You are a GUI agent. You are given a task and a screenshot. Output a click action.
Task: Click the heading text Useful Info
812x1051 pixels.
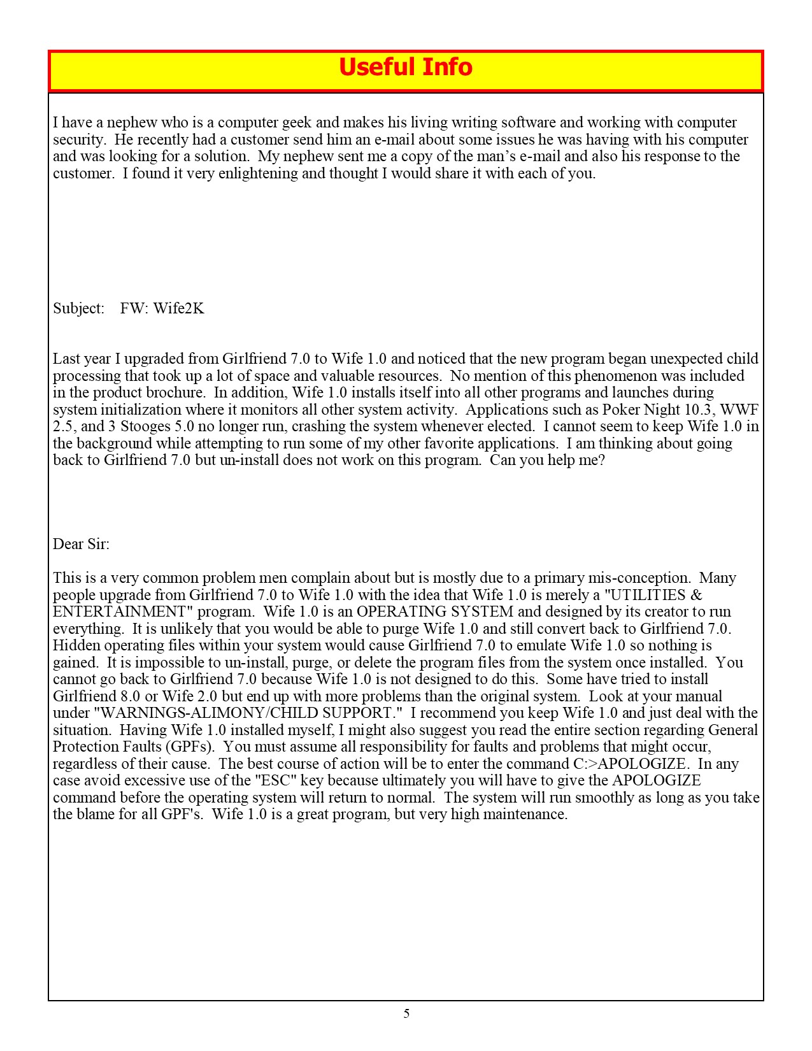click(x=406, y=68)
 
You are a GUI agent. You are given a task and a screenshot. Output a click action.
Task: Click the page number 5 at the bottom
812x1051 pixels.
click(x=406, y=1013)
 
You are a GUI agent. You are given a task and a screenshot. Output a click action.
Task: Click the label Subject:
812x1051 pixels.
click(x=78, y=308)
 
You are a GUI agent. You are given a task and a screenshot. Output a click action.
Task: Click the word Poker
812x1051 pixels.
click(x=620, y=410)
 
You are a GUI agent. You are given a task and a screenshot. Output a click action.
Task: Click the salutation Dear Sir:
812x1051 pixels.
click(x=81, y=544)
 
